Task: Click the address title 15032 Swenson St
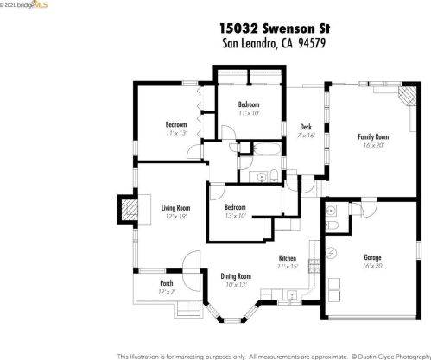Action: [x=275, y=28]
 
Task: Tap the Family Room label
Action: [x=373, y=136]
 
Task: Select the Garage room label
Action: [x=372, y=257]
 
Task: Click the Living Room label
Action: [x=175, y=208]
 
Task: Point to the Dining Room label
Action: [x=236, y=276]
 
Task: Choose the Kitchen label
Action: [x=288, y=258]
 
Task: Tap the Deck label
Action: [x=306, y=127]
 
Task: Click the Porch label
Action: [x=167, y=283]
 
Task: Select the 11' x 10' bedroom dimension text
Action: [x=249, y=113]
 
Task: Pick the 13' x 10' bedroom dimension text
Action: [x=236, y=216]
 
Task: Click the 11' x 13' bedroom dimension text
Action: [x=176, y=133]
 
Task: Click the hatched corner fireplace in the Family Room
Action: [x=408, y=95]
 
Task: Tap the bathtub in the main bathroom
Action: [x=266, y=149]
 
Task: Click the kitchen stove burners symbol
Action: [x=314, y=266]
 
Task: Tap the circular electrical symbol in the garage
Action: [x=332, y=253]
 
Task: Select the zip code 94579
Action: [x=312, y=43]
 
